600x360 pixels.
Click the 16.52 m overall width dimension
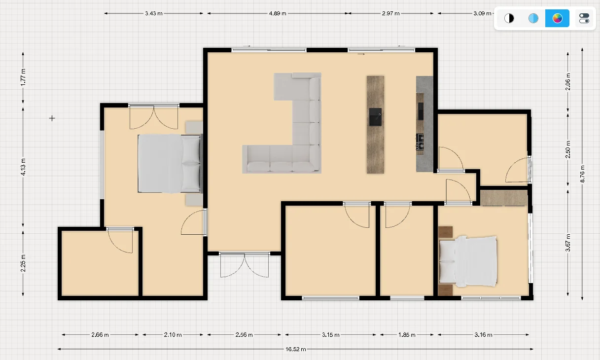pos(296,349)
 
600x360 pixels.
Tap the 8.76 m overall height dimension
pos(582,174)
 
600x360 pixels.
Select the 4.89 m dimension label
pos(278,13)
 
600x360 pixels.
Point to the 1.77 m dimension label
pos(23,77)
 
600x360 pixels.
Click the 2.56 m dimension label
pos(244,334)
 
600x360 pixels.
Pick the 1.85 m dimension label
pos(407,334)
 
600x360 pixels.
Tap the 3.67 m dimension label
pos(568,243)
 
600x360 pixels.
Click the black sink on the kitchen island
pos(375,117)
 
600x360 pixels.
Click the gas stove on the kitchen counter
pos(420,142)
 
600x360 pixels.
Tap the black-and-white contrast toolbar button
pos(509,18)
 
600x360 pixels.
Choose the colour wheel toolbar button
pos(557,18)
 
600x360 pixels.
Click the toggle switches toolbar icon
pos(584,18)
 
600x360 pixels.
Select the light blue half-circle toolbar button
pos(533,18)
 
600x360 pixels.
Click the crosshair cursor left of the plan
pos(52,118)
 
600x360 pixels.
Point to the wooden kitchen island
pos(375,125)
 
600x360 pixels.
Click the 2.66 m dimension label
pos(100,334)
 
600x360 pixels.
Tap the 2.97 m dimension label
pos(391,13)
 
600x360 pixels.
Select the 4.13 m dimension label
pos(23,167)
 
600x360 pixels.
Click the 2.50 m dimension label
pos(568,149)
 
